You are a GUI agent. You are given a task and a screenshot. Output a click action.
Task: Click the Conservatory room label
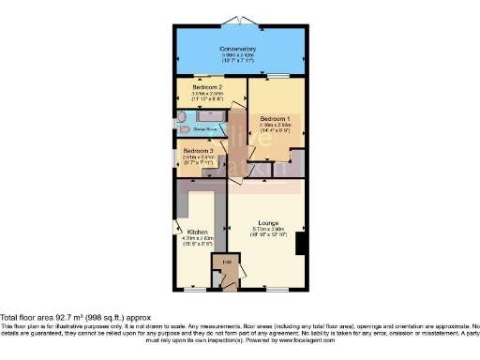238,49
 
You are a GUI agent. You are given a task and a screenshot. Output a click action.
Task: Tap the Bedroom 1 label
275,119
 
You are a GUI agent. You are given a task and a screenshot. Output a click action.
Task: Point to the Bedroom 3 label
198,150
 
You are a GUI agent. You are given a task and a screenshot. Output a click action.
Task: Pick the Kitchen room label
197,231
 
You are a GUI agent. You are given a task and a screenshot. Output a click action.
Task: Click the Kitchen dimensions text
197,241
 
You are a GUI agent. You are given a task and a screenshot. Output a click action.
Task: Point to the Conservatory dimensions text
238,59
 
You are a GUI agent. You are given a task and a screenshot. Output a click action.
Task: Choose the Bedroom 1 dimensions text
275,128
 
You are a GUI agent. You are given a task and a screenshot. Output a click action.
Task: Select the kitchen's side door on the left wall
175,228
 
